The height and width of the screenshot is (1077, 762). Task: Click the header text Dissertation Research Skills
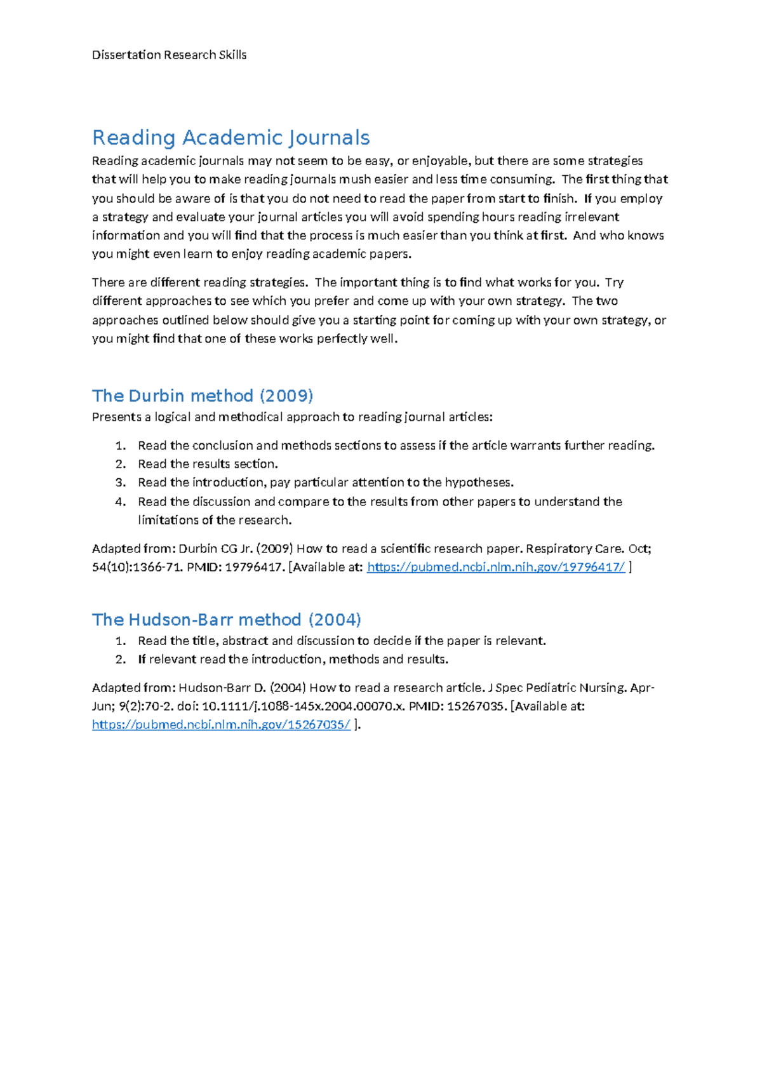(169, 55)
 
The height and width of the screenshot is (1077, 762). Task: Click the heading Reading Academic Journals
(231, 138)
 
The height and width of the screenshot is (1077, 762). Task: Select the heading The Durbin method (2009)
(203, 396)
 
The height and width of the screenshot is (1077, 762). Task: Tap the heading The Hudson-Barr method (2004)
(226, 620)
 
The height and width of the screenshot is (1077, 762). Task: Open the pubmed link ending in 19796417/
(496, 568)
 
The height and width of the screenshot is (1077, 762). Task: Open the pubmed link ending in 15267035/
(221, 725)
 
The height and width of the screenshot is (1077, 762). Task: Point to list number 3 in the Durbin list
(121, 483)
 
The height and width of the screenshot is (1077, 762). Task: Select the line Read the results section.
(208, 464)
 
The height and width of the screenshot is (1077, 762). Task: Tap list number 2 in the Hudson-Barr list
(121, 660)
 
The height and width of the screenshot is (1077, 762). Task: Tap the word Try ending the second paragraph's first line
(615, 283)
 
